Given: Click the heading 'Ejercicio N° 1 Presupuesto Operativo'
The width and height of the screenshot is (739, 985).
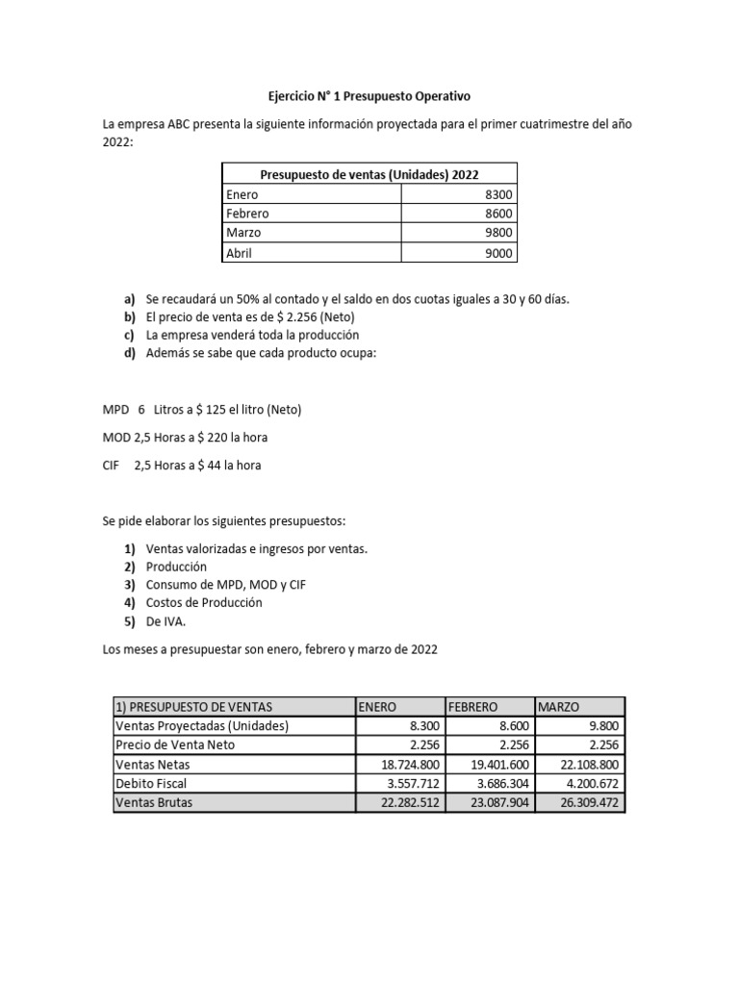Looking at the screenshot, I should click(x=369, y=97).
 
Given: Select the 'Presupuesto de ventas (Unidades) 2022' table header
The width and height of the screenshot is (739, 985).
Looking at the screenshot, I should click(x=369, y=174).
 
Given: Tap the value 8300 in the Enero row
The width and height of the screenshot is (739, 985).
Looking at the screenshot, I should click(x=497, y=194).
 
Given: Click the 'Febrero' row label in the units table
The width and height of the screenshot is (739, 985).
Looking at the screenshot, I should click(x=247, y=214).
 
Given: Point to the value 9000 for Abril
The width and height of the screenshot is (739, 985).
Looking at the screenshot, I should click(x=497, y=253).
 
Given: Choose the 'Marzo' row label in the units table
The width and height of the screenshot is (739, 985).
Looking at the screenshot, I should click(x=243, y=233).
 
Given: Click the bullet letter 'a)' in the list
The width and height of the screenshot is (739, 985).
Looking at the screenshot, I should click(x=129, y=298).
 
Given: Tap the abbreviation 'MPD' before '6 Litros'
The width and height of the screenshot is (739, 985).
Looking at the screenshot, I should click(x=117, y=410).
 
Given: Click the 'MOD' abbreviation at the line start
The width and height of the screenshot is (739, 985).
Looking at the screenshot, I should click(x=117, y=438).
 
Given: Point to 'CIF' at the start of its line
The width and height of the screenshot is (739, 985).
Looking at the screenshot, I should click(x=113, y=466).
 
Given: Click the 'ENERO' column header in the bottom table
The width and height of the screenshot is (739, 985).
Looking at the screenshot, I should click(x=377, y=707).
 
